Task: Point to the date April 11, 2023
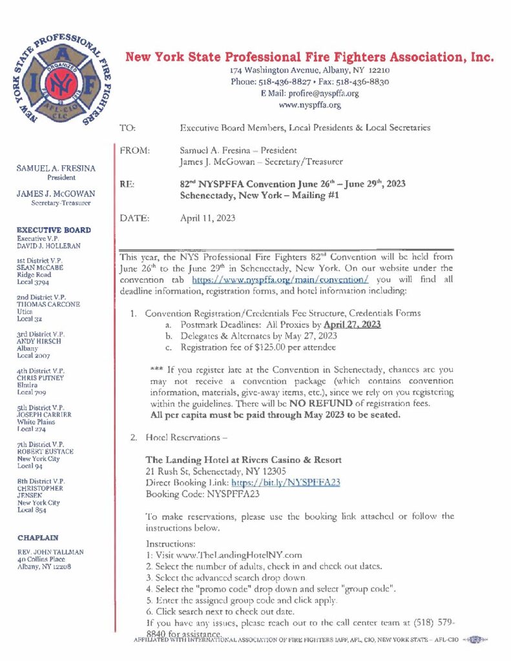coord(207,218)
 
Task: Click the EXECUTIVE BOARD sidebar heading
coord(53,230)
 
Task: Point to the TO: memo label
coord(128,128)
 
